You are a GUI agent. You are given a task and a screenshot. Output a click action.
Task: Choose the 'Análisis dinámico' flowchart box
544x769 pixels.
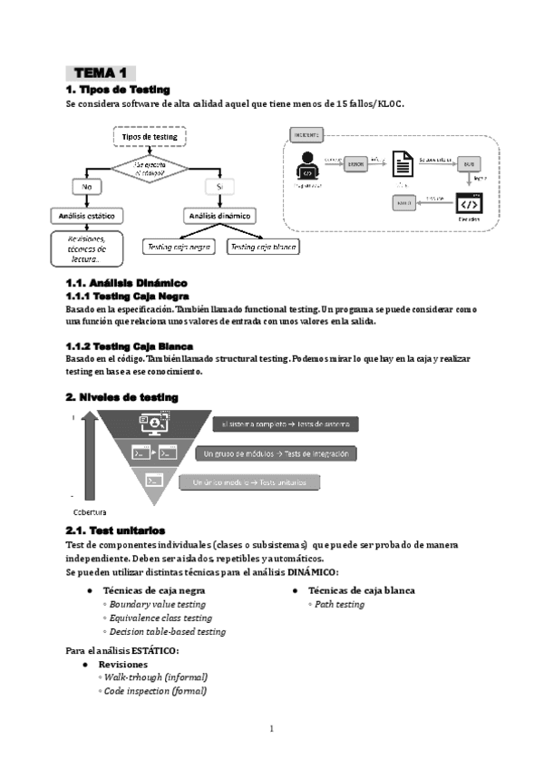220,216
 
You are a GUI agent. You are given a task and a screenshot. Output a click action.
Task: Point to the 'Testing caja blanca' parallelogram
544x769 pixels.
263,246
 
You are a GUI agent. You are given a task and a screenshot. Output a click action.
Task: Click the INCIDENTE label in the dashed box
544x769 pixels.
306,134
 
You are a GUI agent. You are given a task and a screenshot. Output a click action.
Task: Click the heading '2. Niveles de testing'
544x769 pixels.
121,397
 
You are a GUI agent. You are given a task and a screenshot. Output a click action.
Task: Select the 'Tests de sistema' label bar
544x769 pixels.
287,424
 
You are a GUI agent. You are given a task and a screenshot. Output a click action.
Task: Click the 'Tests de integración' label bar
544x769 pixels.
276,453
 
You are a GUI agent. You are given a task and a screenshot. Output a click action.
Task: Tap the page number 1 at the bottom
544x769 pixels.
271,728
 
